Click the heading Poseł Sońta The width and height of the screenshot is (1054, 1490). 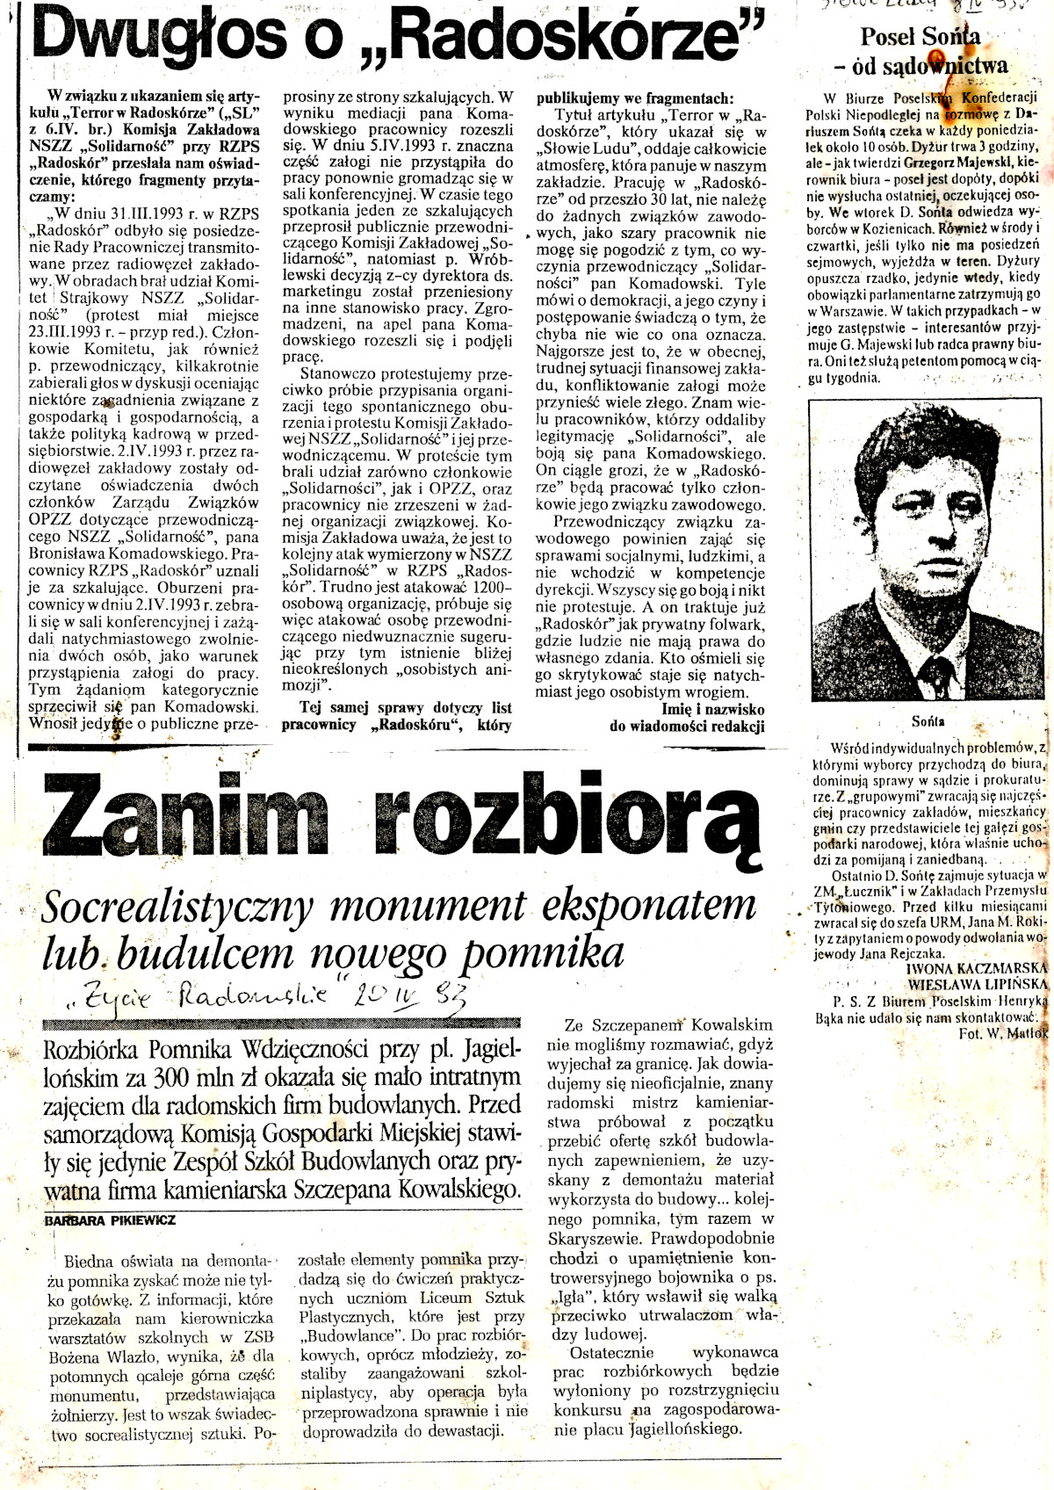[920, 38]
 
